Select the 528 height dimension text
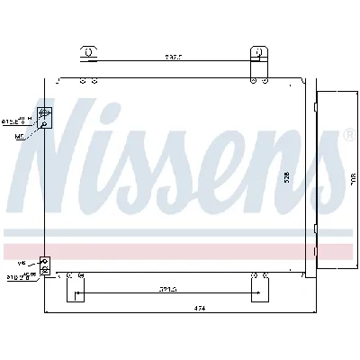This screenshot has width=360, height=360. [286, 177]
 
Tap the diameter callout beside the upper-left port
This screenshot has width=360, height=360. [15, 119]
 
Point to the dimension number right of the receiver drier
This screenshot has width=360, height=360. [353, 177]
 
